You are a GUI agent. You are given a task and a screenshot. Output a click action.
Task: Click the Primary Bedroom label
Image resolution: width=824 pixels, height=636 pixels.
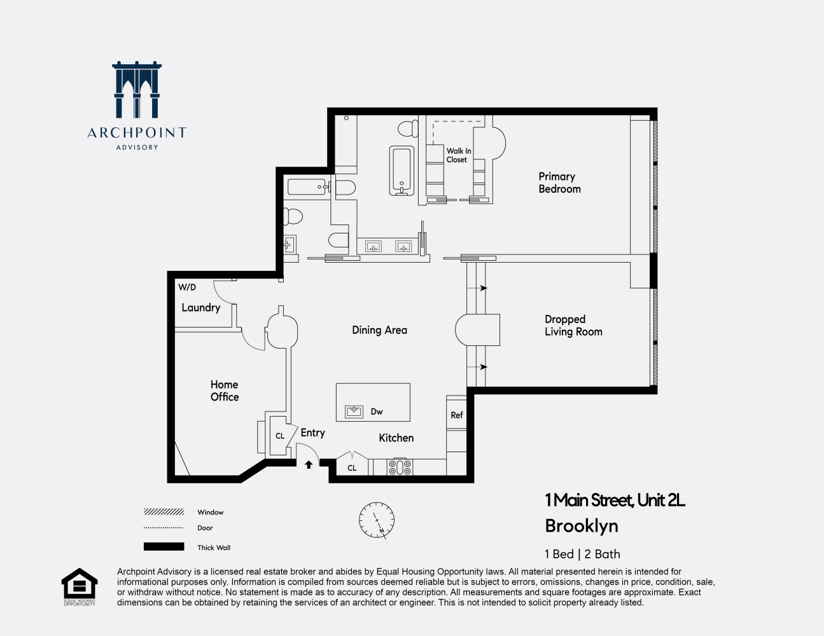pos(559,183)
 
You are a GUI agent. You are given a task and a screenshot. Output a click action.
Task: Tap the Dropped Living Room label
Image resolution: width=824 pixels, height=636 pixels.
pos(573,326)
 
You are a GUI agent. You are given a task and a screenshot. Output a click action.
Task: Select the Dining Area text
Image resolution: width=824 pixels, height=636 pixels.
pos(379,330)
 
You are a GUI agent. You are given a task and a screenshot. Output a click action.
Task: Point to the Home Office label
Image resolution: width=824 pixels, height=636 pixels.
pos(225,391)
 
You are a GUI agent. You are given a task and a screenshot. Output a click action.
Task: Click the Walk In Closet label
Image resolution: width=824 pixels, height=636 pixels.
pos(458,155)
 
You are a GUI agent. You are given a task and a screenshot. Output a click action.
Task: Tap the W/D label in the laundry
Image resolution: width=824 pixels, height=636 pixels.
pos(187,287)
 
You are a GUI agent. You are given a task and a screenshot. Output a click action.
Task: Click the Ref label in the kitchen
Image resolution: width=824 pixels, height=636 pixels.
pos(457,415)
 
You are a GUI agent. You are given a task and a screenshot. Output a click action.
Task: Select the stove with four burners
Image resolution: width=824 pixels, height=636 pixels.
pos(400,467)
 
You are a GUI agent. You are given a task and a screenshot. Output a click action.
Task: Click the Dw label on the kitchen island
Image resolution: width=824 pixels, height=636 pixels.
pos(377,411)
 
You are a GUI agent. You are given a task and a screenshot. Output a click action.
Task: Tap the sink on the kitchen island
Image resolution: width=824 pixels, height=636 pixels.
pos(354,411)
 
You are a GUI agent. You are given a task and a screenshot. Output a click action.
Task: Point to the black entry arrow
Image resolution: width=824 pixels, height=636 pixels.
pos(309,465)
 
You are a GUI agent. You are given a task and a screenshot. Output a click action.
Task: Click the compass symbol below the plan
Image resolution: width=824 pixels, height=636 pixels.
pos(377,520)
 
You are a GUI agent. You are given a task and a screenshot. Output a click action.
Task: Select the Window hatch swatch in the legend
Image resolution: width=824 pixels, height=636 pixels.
pos(164,512)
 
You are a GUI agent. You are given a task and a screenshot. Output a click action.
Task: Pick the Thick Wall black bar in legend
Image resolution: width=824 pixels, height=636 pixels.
pos(164,547)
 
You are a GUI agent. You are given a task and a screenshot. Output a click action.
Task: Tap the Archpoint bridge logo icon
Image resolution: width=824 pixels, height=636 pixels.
pos(137,90)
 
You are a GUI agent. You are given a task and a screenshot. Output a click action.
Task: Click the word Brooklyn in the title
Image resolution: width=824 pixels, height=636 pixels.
pos(582,526)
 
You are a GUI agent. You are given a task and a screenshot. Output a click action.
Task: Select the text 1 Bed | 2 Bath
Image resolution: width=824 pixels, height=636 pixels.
pos(582,554)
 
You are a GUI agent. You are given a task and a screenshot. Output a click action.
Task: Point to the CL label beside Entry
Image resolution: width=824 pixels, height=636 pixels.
pos(280,436)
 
